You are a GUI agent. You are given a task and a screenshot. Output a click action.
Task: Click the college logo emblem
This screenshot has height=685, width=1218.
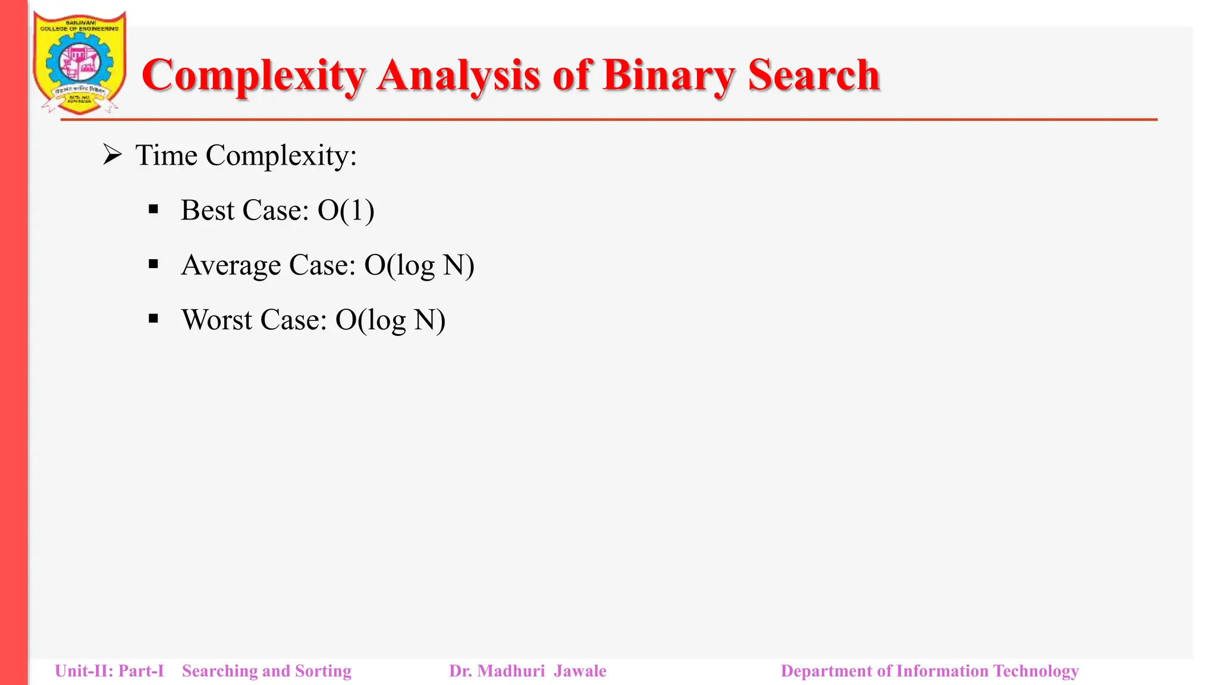coord(80,62)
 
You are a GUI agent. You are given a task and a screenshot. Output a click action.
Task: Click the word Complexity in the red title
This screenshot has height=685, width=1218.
coord(253,76)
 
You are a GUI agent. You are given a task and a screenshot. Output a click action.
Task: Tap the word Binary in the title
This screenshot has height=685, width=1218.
coord(669,76)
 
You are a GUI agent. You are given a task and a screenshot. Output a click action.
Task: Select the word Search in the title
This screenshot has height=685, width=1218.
coord(814,76)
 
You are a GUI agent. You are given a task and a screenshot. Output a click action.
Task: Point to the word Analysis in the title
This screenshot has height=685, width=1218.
coord(459,76)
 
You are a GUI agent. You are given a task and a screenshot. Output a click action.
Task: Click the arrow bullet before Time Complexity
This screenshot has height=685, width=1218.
coord(112,155)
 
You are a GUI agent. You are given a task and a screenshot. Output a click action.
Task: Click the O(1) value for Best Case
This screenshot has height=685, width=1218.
coord(346,210)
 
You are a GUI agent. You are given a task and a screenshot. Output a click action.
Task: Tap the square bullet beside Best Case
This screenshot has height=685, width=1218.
coord(153,209)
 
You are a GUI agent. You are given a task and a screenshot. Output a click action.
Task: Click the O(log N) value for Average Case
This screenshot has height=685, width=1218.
coord(419,265)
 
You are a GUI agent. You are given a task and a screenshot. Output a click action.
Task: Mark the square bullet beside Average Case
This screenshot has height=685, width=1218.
coord(153,264)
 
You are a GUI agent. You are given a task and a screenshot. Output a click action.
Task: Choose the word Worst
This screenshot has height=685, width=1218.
coord(217,320)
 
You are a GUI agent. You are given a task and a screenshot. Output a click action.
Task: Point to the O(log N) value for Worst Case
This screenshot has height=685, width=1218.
coord(390,320)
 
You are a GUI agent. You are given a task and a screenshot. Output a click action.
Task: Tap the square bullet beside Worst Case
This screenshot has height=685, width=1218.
coord(153,319)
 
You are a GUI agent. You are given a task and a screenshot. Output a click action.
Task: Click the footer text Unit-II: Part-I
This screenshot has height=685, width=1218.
coord(109,671)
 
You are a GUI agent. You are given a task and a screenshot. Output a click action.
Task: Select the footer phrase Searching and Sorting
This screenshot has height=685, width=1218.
coord(266,671)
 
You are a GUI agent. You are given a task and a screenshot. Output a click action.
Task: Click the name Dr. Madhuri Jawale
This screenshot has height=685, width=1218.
coord(528,671)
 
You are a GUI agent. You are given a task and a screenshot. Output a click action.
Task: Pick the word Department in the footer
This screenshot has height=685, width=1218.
coord(828,671)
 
